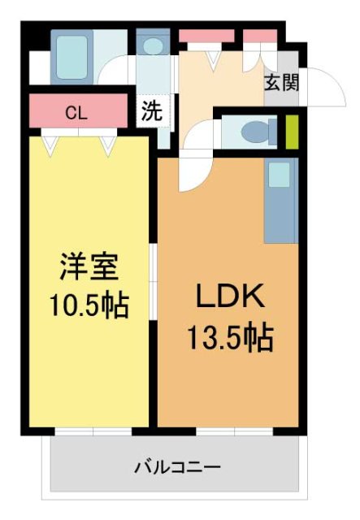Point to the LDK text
click(x=229, y=298)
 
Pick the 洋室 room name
click(x=89, y=267)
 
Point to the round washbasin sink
click(x=152, y=47)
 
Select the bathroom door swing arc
click(x=114, y=71)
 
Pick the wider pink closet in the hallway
click(x=206, y=36)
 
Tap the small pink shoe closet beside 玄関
click(x=259, y=36)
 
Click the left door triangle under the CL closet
click(x=51, y=145)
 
